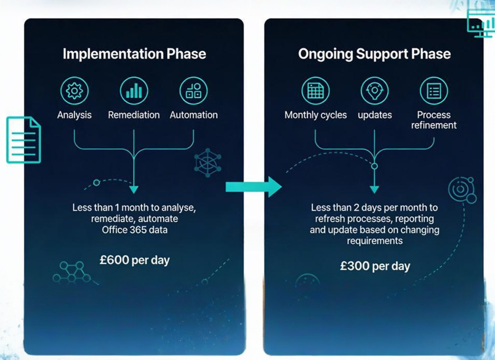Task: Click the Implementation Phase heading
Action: [x=134, y=54]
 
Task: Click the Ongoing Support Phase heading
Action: [x=374, y=54]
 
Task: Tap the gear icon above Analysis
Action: [x=74, y=91]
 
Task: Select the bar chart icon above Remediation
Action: [x=134, y=91]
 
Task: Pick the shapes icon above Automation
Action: [x=193, y=91]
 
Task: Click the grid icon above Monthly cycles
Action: [x=316, y=91]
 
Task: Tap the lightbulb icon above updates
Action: [x=375, y=91]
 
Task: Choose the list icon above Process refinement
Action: [x=434, y=91]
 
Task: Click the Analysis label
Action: [x=74, y=115]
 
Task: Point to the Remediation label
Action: [x=134, y=115]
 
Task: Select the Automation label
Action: [x=194, y=115]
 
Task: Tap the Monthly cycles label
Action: [x=316, y=115]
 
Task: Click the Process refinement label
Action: [x=434, y=120]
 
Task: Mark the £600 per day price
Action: [x=135, y=260]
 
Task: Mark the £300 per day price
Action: [x=375, y=266]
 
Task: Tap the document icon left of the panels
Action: [x=24, y=140]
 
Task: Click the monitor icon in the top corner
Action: [x=481, y=22]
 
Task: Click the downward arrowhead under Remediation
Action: [x=134, y=190]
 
